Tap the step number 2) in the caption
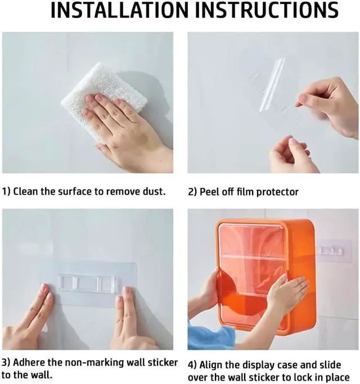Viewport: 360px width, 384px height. point(192,192)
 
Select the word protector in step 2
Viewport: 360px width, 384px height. point(278,192)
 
